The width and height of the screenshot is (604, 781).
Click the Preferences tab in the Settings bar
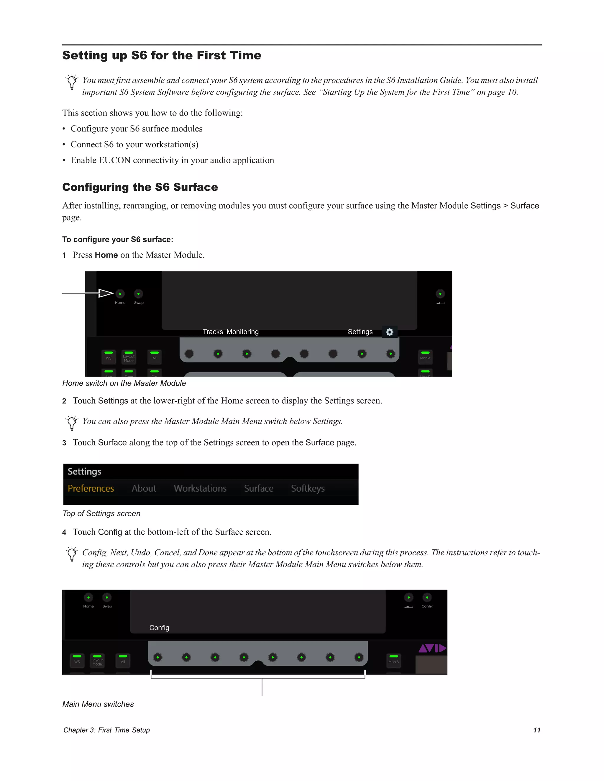pos(91,488)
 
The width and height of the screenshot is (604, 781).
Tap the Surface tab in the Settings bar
pos(259,488)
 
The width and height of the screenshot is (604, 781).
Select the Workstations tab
pos(200,488)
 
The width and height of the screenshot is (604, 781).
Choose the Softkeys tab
pos(308,488)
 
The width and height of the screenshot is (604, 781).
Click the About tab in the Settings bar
pos(144,488)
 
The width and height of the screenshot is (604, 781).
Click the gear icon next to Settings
pos(390,332)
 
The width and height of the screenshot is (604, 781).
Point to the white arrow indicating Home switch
pos(106,293)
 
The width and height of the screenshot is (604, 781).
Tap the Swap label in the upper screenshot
pos(139,303)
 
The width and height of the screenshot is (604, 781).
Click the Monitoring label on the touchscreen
pos(243,332)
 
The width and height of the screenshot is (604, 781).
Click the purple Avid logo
pos(432,648)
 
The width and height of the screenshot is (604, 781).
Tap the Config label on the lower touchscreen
pos(159,627)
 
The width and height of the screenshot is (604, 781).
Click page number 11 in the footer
pos(537,730)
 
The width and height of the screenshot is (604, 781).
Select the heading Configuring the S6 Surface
pos(140,187)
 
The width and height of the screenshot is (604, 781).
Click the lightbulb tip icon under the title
pos(72,82)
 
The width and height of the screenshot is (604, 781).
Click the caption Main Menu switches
pos(98,704)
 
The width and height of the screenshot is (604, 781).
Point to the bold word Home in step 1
pos(106,255)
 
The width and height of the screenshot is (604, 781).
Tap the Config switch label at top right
pos(427,606)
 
